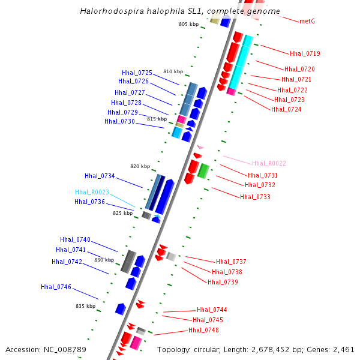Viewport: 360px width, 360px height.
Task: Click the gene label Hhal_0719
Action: click(305, 53)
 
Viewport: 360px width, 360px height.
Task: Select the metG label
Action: click(307, 22)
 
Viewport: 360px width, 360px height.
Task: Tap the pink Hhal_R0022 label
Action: click(269, 163)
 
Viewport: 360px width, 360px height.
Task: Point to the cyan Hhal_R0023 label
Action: click(92, 192)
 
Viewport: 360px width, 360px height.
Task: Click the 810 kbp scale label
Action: click(173, 71)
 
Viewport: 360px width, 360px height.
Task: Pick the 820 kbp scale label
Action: click(140, 166)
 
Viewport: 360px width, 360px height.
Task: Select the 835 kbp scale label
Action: click(85, 306)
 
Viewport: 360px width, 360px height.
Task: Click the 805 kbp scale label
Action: click(188, 24)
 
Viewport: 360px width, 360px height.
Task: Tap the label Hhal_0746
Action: click(56, 287)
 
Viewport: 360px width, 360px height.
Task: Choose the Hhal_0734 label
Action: click(100, 176)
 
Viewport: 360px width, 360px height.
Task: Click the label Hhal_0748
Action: click(203, 330)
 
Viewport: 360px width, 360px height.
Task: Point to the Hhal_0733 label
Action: click(255, 197)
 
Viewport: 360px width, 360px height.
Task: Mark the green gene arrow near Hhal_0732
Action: click(203, 170)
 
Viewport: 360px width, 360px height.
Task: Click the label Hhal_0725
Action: click(137, 73)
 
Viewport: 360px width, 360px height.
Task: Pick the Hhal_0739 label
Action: click(223, 282)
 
